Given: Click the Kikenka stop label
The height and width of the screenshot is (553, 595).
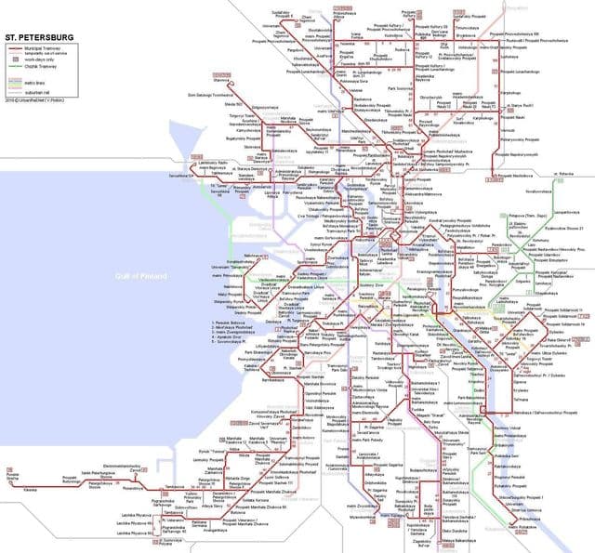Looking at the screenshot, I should [31, 487].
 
